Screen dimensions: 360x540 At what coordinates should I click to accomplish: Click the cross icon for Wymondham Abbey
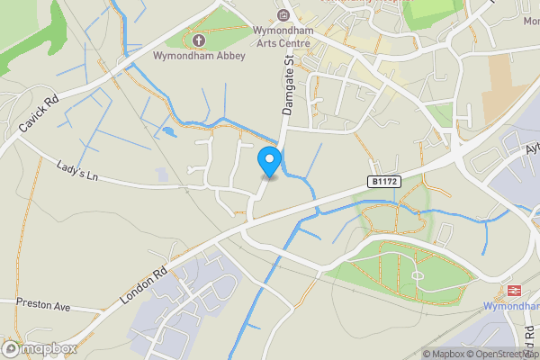(198, 40)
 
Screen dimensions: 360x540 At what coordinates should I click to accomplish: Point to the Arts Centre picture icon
(284, 15)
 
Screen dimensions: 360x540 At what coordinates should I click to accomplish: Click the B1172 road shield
(383, 182)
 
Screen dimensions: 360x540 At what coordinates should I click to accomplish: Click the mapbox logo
(35, 347)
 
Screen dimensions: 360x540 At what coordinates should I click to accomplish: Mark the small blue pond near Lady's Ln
(167, 131)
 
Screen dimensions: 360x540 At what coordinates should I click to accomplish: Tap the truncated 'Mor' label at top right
(529, 20)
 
